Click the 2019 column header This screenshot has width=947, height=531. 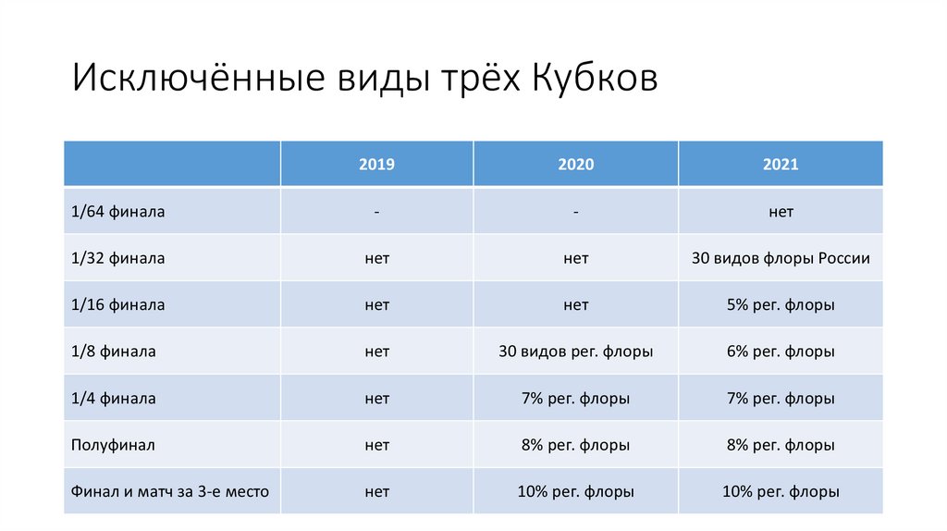(x=376, y=165)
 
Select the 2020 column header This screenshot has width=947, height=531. (x=575, y=165)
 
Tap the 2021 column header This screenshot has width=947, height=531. (x=781, y=165)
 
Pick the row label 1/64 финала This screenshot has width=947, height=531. (x=117, y=212)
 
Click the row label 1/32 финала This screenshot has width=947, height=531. (x=117, y=258)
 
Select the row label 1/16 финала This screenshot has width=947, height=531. (x=117, y=304)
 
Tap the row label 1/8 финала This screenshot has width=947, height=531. (x=113, y=352)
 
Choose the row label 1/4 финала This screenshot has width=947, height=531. (x=113, y=399)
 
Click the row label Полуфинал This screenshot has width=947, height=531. (x=113, y=445)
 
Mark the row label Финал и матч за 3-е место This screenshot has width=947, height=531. (x=170, y=492)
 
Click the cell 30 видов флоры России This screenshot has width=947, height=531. (x=781, y=258)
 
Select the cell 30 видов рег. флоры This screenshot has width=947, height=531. (x=575, y=352)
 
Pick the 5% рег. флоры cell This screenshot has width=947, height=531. (x=781, y=304)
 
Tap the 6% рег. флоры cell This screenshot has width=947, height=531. (x=781, y=352)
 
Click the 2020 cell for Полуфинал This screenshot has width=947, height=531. (x=575, y=445)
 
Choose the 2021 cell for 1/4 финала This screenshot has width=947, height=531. (x=781, y=399)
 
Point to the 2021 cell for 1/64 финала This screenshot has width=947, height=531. (x=781, y=212)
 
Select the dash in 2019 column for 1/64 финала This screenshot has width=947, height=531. (x=376, y=213)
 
